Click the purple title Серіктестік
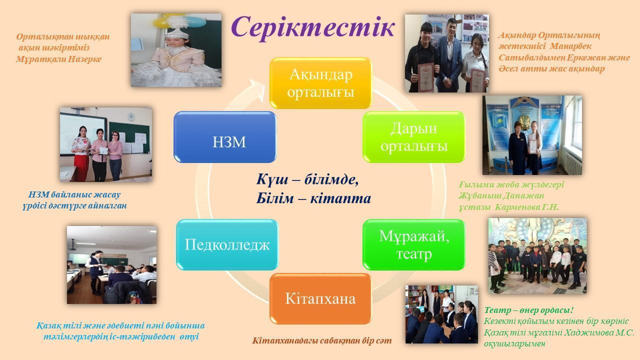[313, 27]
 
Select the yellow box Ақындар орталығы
[320, 83]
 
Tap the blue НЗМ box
[225, 137]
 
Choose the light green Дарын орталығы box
[413, 137]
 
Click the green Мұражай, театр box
[413, 244]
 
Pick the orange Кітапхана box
[320, 298]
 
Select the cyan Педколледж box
[227, 244]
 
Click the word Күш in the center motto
[268, 179]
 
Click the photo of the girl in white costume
[176, 50]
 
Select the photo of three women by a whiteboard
[105, 144]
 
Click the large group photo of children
[537, 255]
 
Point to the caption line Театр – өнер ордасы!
[529, 310]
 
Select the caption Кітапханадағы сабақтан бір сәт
[322, 340]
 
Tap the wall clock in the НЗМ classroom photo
[131, 116]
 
